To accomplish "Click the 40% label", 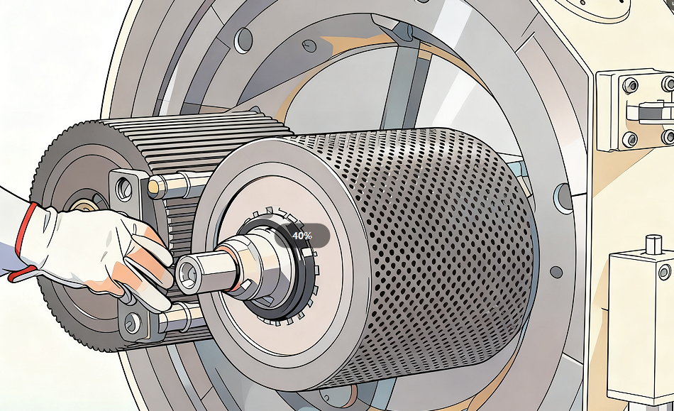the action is pos(302,236).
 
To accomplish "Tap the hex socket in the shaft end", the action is pos(188,273).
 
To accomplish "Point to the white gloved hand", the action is pos(94,253).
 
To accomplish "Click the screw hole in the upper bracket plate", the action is pos(124,188).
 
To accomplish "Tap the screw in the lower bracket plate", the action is pos(132,322).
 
